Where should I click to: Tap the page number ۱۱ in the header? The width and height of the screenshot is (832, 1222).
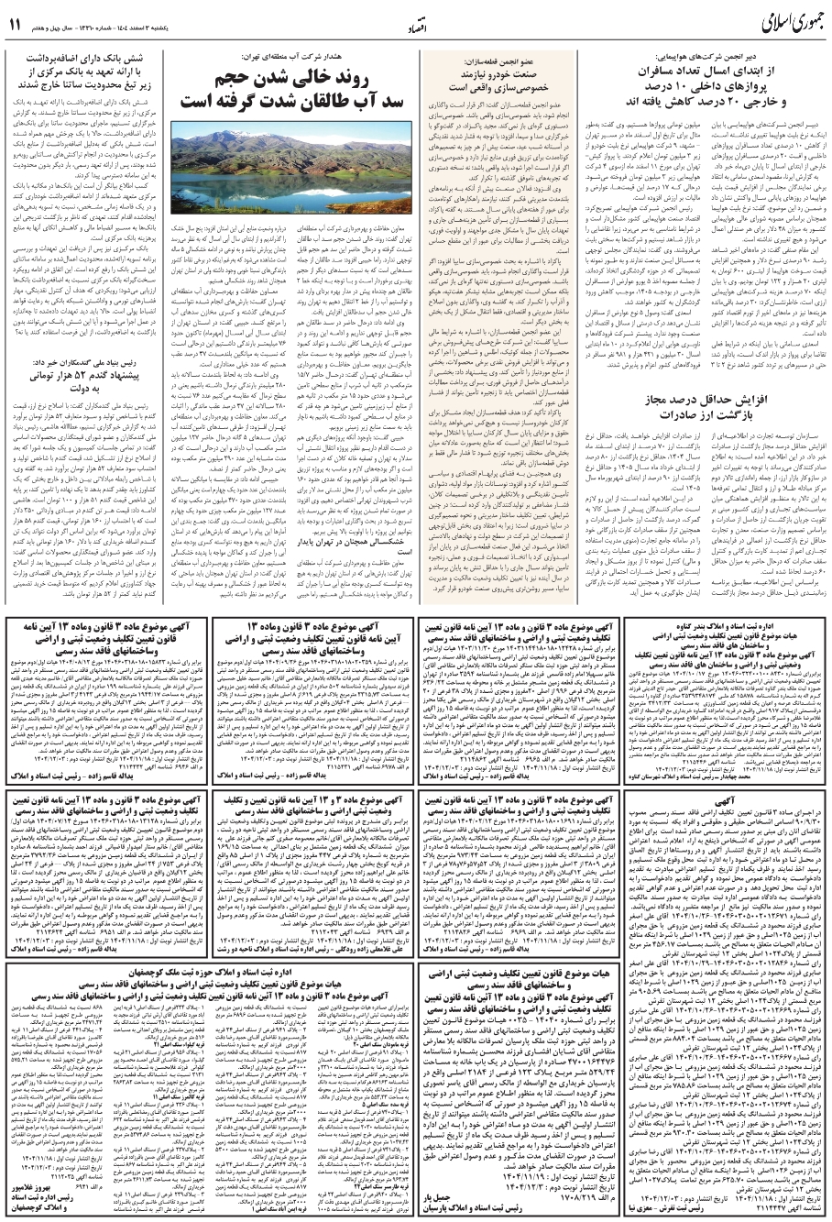pos(17,26)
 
